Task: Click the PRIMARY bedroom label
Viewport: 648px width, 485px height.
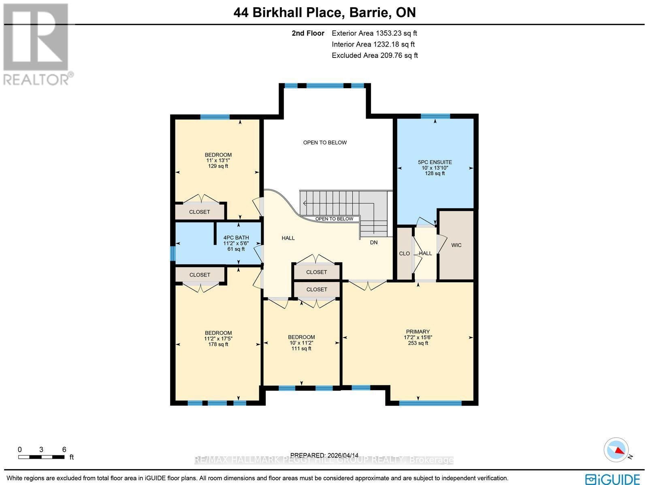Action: point(418,332)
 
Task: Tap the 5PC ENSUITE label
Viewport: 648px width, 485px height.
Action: point(435,162)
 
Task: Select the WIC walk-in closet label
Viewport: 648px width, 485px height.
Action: point(456,245)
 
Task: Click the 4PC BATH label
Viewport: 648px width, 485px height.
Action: point(236,238)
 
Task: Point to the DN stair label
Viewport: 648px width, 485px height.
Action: point(373,242)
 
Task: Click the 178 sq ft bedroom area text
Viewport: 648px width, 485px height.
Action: point(218,345)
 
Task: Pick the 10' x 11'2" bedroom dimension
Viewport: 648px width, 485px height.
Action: point(301,343)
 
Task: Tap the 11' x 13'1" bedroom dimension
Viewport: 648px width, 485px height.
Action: point(218,160)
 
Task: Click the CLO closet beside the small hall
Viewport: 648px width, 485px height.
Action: point(404,254)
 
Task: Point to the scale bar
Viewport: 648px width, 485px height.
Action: point(41,457)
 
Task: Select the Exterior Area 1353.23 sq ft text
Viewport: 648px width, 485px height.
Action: point(374,34)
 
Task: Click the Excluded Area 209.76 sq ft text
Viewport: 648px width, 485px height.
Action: point(375,55)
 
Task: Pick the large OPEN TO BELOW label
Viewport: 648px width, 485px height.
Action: point(325,143)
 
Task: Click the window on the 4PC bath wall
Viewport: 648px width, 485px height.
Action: point(173,254)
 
